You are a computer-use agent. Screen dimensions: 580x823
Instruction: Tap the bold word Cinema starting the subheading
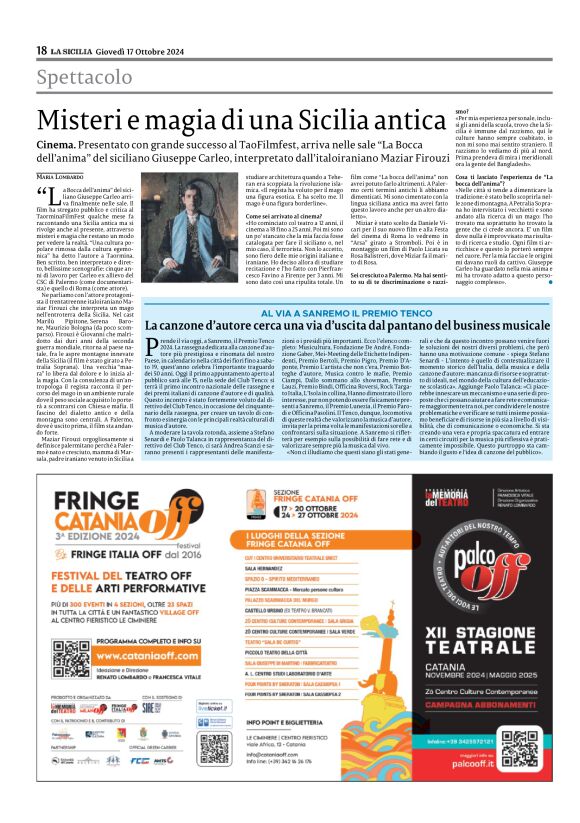[x=56, y=144]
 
